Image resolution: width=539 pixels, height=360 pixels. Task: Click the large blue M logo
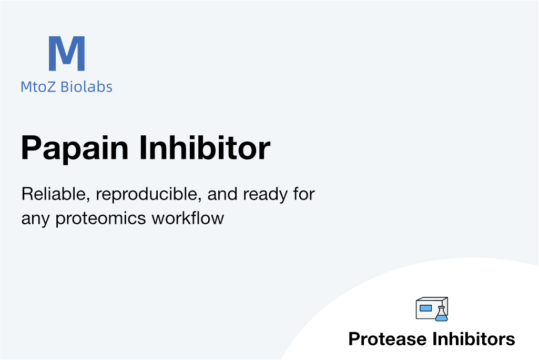point(67,53)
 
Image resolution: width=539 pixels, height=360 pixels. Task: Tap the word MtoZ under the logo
point(38,87)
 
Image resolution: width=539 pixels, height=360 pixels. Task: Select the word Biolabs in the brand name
point(86,87)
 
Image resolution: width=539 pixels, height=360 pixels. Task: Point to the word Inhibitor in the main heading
point(205,148)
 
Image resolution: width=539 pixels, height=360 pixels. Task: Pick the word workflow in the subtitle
point(188,218)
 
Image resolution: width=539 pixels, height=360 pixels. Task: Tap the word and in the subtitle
point(222,194)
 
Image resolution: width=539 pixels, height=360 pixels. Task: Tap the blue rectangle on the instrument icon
point(425,308)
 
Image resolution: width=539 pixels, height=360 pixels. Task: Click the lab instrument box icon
point(432,309)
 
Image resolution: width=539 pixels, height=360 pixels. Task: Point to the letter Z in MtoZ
point(50,87)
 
